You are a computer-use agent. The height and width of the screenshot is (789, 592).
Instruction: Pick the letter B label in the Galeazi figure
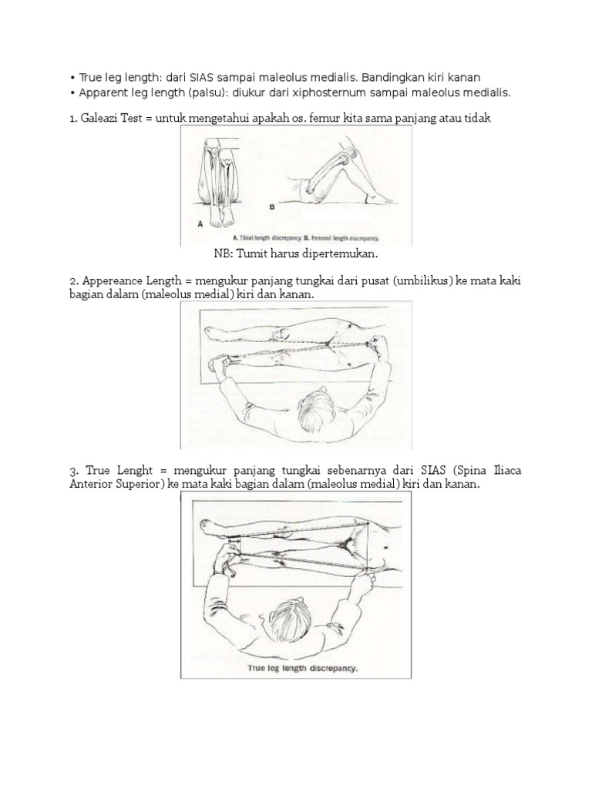pos(271,207)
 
